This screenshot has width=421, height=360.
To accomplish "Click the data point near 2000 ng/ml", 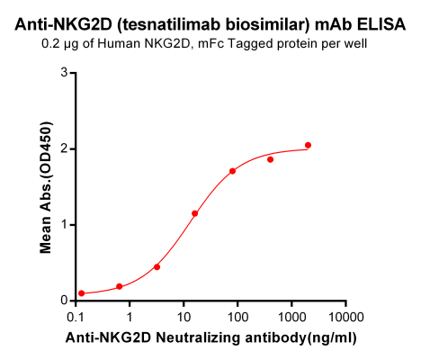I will (x=308, y=145).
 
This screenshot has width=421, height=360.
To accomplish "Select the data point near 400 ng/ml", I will (x=270, y=159).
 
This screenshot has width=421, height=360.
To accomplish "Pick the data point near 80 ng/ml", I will (x=232, y=171).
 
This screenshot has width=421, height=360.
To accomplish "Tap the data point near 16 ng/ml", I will (x=194, y=213).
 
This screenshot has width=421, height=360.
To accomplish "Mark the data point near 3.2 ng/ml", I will (x=157, y=266).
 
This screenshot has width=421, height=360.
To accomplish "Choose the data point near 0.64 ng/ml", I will (x=119, y=286).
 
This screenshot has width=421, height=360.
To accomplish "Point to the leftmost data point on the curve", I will (x=81, y=293).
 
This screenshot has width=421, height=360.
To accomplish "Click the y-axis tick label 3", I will (x=63, y=74).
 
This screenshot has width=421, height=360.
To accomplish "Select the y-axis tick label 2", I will (x=63, y=149).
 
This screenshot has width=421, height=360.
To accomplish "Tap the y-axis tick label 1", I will (x=63, y=225).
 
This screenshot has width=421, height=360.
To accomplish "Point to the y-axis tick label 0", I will (x=63, y=301).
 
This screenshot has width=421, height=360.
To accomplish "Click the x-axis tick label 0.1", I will (x=76, y=318).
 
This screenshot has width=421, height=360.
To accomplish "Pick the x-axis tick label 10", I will (x=184, y=318).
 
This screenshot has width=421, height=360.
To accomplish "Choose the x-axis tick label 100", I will (x=237, y=318).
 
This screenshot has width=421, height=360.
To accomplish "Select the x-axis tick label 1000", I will (x=291, y=318).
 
